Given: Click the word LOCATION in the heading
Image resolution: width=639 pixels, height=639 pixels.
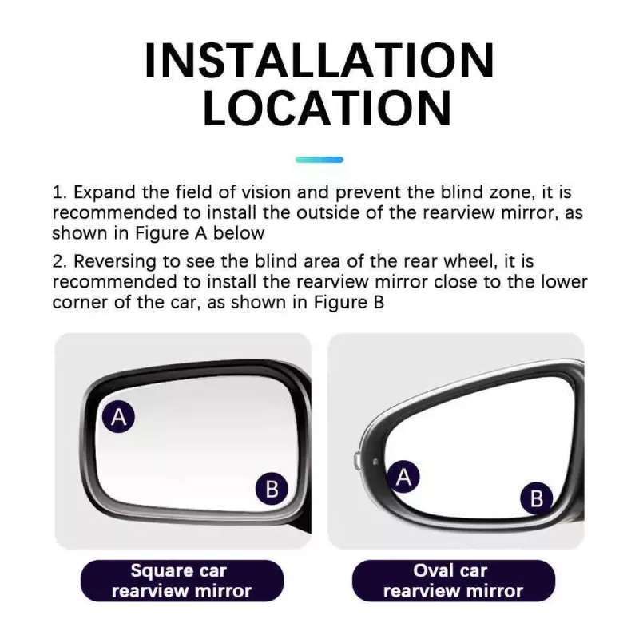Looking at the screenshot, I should point(319,108).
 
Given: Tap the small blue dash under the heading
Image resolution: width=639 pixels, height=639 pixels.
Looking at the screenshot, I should point(319,160).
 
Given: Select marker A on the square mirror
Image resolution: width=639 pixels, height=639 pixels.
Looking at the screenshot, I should point(119,417).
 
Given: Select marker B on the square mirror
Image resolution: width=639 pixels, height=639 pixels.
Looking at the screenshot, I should point(272,488).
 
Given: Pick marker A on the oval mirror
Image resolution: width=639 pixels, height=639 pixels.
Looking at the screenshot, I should point(404,478).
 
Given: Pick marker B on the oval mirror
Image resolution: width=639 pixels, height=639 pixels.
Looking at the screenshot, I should point(537,499).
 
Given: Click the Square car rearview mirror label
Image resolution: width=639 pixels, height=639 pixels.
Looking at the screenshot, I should point(181,581).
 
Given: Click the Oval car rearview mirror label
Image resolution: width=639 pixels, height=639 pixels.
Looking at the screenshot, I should point(453,581).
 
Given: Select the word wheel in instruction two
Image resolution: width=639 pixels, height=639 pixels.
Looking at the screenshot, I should point(458,262).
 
